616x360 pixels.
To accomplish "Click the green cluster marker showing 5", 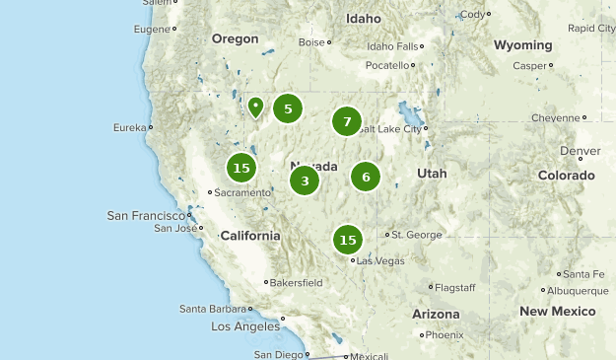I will click(x=287, y=108).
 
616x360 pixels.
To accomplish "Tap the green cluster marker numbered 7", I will click(x=346, y=121).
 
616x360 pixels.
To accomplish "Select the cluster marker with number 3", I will click(x=305, y=180).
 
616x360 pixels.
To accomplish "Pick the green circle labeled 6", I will click(x=366, y=177).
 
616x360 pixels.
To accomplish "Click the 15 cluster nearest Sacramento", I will click(x=240, y=168).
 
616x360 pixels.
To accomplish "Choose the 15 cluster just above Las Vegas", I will click(x=347, y=239).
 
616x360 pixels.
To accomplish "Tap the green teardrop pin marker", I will click(x=255, y=107).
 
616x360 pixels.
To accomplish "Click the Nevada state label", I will click(x=314, y=166).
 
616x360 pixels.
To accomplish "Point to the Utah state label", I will click(x=432, y=174).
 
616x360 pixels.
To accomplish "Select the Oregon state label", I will click(x=235, y=39).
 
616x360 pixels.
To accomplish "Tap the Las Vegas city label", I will click(x=380, y=260).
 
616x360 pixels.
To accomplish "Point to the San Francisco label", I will click(x=146, y=215).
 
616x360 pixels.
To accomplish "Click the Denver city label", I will click(x=580, y=151).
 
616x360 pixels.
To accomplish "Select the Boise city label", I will click(x=311, y=42).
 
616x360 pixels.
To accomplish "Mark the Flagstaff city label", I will click(x=455, y=287).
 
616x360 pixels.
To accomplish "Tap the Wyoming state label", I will click(x=523, y=45).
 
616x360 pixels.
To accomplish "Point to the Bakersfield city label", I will click(x=298, y=282).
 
